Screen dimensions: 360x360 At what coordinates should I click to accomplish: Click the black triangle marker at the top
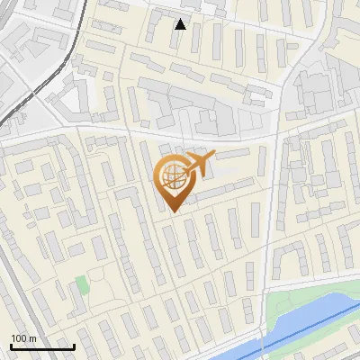[x=181, y=24]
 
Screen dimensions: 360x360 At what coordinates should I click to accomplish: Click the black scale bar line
[x=42, y=346]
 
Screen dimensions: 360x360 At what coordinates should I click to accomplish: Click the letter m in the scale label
[x=32, y=338]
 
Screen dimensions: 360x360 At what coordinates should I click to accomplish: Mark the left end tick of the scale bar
[x=11, y=345]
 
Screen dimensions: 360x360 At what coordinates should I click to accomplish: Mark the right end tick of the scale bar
[x=74, y=345]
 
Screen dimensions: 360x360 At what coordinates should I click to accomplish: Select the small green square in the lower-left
[x=82, y=285]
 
